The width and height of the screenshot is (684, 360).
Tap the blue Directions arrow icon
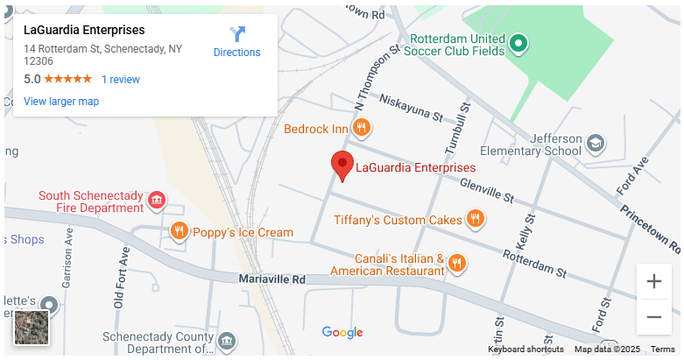coord(237,34)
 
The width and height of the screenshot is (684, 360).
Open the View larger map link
coord(61,102)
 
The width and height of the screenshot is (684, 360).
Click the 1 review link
coord(121,80)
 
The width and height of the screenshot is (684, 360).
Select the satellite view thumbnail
coord(32,328)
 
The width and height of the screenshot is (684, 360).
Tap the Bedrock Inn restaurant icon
coord(362,129)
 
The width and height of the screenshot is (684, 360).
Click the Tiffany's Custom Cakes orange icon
coord(476,219)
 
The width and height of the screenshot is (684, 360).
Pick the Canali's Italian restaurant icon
coord(456,263)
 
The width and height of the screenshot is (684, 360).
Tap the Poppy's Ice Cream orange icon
coord(180,231)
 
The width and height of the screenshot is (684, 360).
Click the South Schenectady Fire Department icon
coord(157,201)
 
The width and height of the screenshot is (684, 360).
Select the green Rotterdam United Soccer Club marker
coord(518,42)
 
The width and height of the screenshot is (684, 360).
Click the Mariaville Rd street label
coord(272,279)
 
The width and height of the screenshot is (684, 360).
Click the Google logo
coord(342,332)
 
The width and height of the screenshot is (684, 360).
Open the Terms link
coord(663,349)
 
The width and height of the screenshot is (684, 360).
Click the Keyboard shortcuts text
coord(525,349)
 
